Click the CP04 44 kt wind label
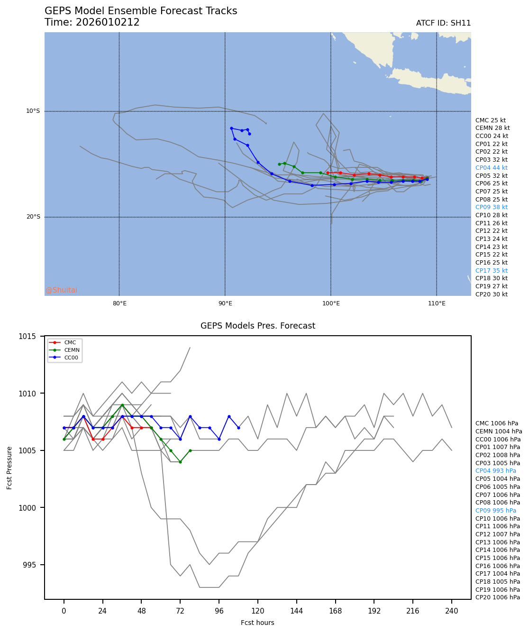[x=491, y=168]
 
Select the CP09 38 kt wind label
[x=491, y=207]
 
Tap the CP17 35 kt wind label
[x=491, y=271]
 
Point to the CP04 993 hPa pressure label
[x=495, y=471]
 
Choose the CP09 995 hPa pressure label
[x=495, y=511]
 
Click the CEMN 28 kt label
[x=493, y=128]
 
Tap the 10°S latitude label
[x=33, y=111]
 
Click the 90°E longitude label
[x=225, y=304]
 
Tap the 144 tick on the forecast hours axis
[x=296, y=611]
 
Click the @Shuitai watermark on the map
[x=61, y=290]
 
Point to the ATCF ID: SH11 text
[x=443, y=23]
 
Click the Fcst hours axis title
[x=257, y=623]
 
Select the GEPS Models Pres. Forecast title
[x=257, y=326]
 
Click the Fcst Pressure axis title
[x=10, y=467]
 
